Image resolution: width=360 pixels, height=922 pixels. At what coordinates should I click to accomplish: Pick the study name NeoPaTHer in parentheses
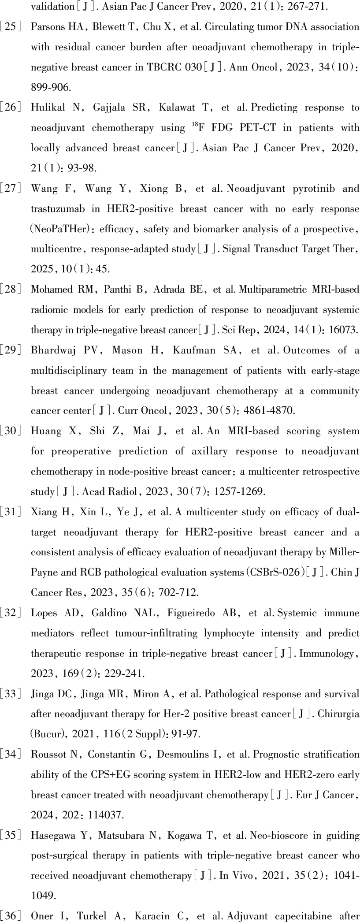(62, 229)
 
